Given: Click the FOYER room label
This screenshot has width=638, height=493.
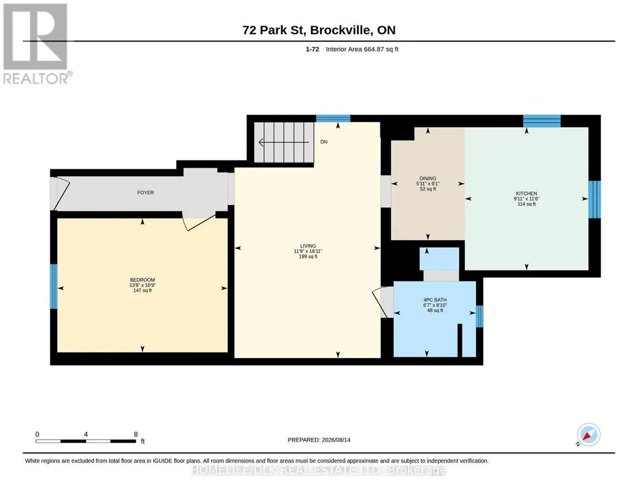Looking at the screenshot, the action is (x=145, y=192).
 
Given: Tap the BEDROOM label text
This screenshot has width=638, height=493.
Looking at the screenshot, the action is (x=143, y=280).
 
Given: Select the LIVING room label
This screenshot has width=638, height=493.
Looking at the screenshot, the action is (x=308, y=246).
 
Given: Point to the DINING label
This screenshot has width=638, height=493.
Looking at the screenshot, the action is (x=428, y=178).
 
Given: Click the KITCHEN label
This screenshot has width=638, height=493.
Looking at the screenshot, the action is (x=527, y=193).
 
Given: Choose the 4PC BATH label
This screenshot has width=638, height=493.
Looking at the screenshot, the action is (x=435, y=300).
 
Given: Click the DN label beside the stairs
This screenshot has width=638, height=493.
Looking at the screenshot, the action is (x=324, y=142).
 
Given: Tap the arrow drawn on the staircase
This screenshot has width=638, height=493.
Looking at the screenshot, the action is (x=284, y=143).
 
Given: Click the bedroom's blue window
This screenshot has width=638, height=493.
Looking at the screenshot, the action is (x=54, y=286).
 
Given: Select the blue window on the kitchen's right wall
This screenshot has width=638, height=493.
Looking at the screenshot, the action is (x=594, y=199).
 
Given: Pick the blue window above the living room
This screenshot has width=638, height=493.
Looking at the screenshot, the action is (x=333, y=118).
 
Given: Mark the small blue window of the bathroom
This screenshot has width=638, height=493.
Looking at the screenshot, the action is (x=479, y=316).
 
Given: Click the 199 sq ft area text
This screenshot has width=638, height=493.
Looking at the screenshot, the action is (x=308, y=256).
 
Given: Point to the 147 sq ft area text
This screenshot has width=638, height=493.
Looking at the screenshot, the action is (x=143, y=291).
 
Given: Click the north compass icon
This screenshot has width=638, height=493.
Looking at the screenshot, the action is (x=588, y=434).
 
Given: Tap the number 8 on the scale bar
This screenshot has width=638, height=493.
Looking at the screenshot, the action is (x=136, y=434).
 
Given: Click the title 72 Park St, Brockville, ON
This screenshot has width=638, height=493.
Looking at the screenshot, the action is (x=319, y=30).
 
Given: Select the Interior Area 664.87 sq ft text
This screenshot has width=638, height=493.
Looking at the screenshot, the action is (x=362, y=49).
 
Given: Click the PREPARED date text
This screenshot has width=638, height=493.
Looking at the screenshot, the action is (x=319, y=439).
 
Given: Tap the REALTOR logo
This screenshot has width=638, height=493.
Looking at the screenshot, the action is (x=36, y=44).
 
